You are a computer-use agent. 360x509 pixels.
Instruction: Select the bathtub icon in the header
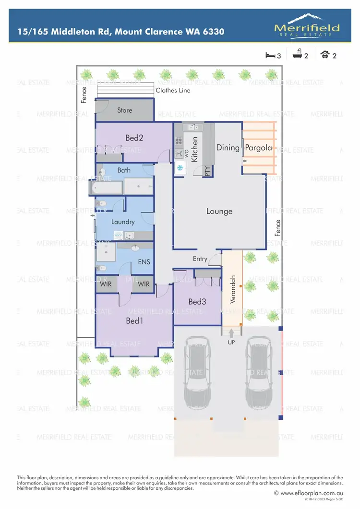click(x=297, y=55)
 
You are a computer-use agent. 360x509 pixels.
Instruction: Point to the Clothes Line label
click(x=173, y=90)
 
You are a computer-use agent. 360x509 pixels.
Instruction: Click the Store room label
click(x=125, y=110)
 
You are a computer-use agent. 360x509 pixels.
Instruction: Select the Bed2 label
click(x=134, y=138)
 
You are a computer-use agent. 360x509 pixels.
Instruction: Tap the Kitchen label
click(x=195, y=149)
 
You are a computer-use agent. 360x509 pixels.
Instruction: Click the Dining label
click(x=228, y=147)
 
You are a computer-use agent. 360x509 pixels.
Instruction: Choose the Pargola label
click(x=259, y=148)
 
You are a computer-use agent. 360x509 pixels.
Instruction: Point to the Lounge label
click(x=219, y=211)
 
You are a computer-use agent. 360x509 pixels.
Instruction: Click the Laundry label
click(x=123, y=222)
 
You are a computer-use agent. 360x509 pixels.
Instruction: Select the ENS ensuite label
click(x=144, y=262)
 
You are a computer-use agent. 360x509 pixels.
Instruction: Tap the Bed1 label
click(x=134, y=321)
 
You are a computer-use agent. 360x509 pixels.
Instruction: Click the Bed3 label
click(x=197, y=302)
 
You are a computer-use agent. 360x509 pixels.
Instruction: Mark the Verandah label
click(x=233, y=289)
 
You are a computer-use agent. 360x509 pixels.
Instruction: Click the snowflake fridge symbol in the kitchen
click(x=181, y=168)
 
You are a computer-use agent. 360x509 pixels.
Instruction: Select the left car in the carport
click(x=198, y=370)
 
